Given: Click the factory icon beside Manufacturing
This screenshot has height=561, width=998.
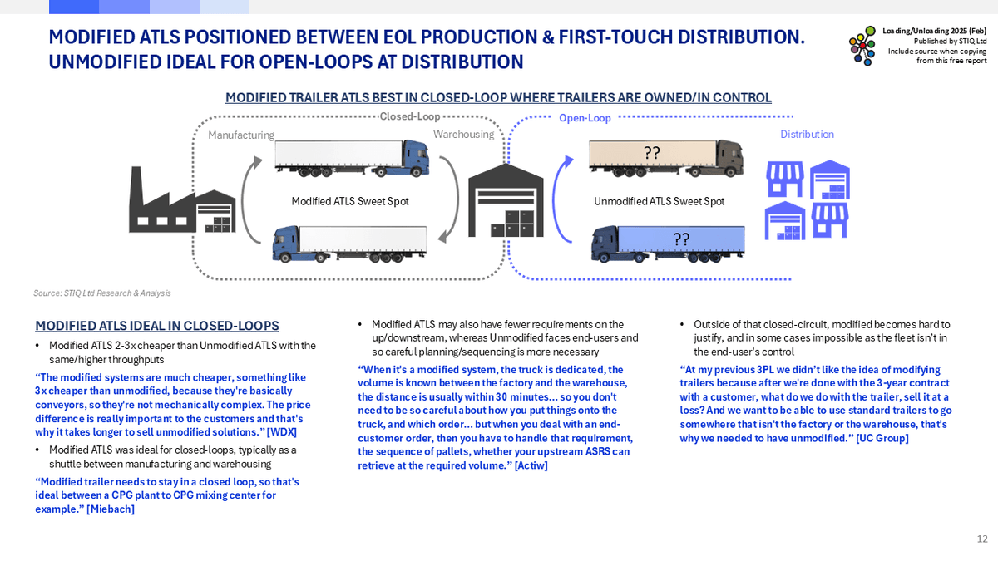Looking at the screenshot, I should [x=179, y=200].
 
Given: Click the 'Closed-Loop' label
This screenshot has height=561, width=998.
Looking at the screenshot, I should [x=410, y=117].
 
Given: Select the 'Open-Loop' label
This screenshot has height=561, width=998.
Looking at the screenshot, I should [x=585, y=119].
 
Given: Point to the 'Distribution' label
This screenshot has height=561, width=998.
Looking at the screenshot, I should [x=807, y=135].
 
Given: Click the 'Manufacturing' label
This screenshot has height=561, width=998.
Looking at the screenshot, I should [x=240, y=135].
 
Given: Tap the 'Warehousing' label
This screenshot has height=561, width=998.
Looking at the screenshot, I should [x=463, y=135].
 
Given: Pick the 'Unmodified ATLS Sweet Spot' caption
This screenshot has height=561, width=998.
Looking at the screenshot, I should [x=660, y=201].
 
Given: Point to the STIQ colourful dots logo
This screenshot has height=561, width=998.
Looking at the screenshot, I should [x=862, y=50].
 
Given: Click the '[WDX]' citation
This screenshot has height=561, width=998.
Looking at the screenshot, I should [x=284, y=432].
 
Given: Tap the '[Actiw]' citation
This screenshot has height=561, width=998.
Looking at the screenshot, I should [x=531, y=465].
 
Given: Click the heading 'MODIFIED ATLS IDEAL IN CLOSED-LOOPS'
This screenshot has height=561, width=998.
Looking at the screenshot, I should [x=157, y=326].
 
